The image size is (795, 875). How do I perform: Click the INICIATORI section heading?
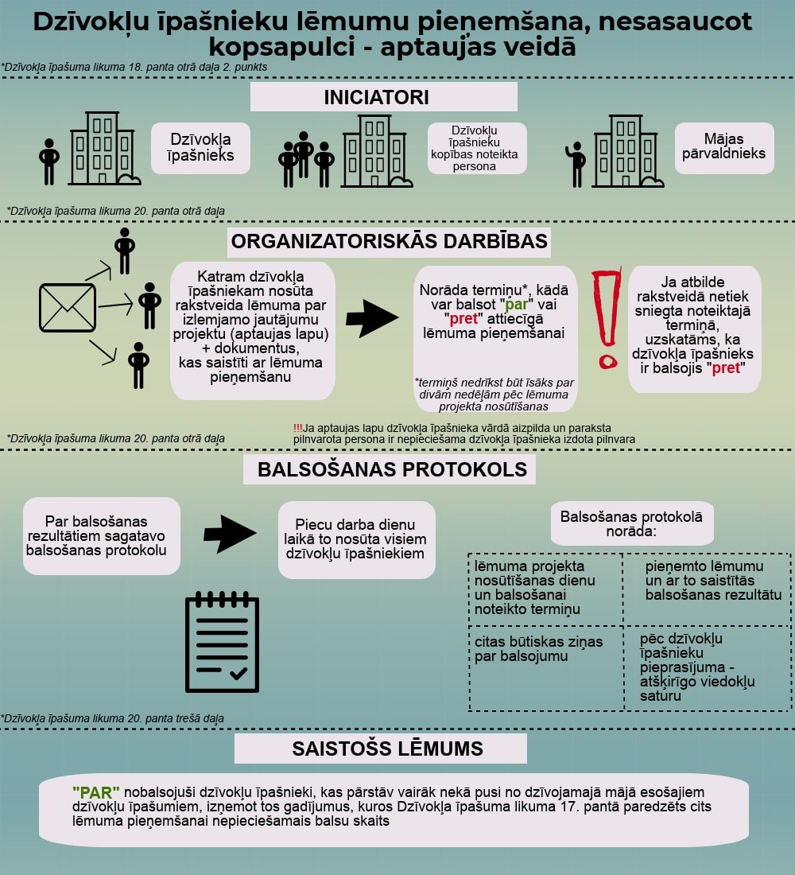coord(377,97)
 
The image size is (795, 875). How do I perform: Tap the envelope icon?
coord(68,308)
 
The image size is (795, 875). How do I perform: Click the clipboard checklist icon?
coord(222,642)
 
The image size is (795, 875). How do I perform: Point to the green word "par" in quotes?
coord(516,305)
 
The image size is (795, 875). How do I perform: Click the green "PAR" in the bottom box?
coord(96,791)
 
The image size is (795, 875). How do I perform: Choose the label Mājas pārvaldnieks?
coord(723,146)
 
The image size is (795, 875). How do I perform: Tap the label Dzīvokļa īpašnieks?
coord(200,147)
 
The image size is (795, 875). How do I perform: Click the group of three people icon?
coord(306,160)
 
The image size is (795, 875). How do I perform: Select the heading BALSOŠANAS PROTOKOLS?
coord(392,469)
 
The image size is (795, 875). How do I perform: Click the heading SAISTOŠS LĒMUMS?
coord(388,749)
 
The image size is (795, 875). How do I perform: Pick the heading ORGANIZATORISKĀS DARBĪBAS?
coord(390,241)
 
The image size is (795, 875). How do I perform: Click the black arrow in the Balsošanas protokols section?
coord(230,534)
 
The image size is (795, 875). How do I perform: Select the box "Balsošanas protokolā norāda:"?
coord(631,523)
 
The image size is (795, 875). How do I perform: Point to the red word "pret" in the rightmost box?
coord(726,368)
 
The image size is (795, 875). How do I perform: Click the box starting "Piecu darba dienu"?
coord(356,539)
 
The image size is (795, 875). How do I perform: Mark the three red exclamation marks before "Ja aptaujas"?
coord(297,428)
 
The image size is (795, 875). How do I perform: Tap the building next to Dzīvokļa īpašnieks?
coord(104,149)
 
